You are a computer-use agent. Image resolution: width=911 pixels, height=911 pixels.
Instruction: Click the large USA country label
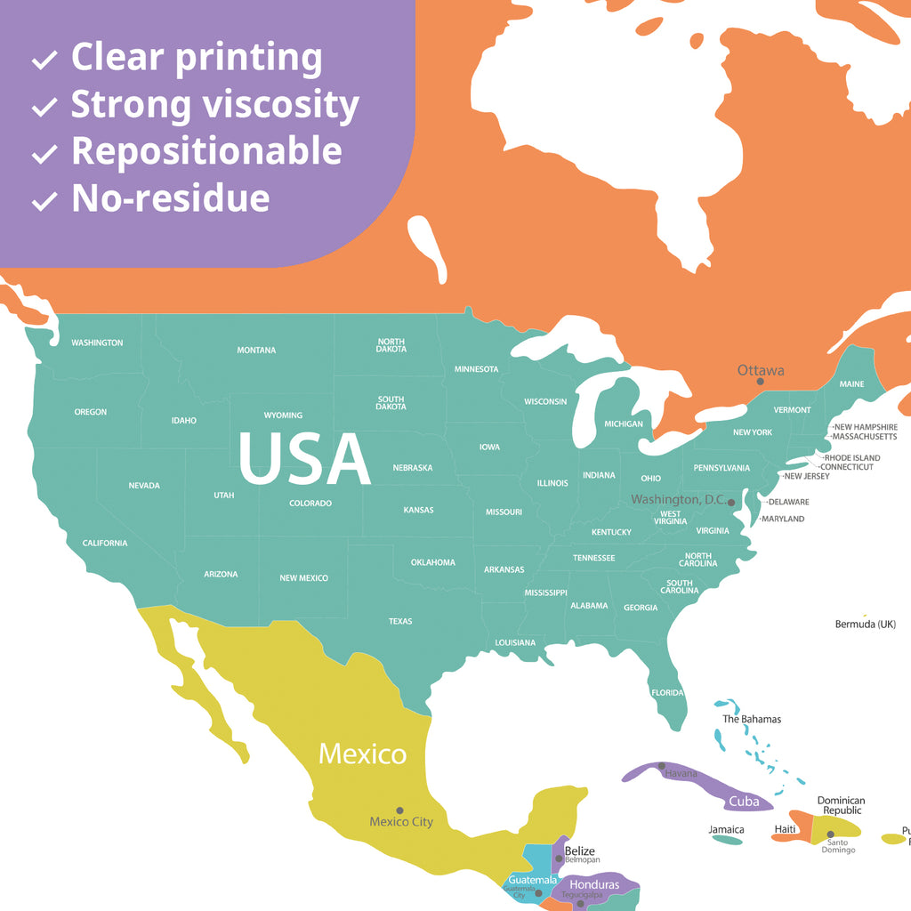tap(304, 459)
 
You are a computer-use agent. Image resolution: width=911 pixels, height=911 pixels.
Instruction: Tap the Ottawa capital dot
tap(760, 382)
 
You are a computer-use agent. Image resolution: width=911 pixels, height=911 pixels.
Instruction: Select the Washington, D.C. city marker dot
tap(731, 503)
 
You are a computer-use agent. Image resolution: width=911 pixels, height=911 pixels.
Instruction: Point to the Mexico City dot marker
tap(399, 810)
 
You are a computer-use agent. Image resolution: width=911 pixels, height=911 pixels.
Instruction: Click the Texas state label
tap(400, 621)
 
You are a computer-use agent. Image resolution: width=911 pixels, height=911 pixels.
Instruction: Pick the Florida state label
tap(667, 692)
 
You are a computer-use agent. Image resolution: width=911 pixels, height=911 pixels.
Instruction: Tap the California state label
tap(105, 543)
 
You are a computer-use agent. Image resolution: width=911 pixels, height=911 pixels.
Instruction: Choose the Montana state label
tap(256, 351)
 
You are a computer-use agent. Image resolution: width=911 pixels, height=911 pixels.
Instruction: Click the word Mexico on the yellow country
tap(363, 754)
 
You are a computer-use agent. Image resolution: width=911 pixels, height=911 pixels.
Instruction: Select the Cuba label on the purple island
tap(744, 802)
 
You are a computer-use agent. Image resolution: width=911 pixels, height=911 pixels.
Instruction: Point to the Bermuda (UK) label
tap(865, 625)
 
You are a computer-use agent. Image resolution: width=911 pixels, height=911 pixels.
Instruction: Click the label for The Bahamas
tap(752, 719)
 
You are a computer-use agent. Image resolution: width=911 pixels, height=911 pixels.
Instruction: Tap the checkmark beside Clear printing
tap(44, 60)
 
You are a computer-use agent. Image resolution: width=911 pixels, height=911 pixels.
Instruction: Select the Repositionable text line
tap(206, 151)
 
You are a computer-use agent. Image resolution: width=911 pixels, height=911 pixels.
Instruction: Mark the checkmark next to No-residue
tap(44, 201)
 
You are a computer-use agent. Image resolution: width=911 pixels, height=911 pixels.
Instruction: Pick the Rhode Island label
tap(852, 458)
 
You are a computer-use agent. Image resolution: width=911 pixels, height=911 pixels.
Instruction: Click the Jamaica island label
tap(727, 829)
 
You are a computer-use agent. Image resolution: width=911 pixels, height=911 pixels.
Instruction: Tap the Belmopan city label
tap(583, 860)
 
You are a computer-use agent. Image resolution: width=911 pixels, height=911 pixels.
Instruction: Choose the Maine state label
tap(851, 384)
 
